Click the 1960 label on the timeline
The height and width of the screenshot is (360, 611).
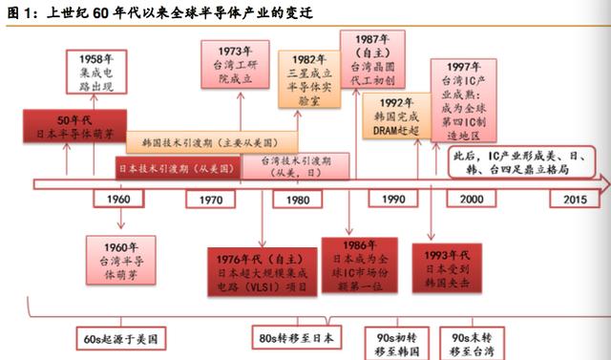point(118,201)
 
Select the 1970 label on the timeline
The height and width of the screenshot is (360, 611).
point(211,201)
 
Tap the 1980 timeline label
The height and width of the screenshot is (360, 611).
point(297,201)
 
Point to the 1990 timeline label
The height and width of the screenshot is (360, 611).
point(392,201)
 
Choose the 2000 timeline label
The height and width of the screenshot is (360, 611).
point(472,201)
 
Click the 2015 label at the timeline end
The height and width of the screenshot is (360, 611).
point(575,201)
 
